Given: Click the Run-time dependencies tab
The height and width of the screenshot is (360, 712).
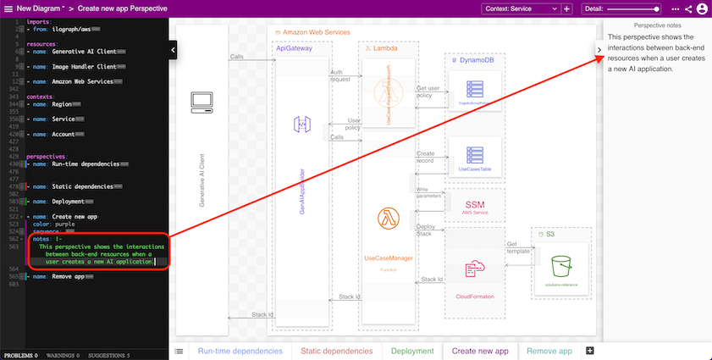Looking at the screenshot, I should pyautogui.click(x=240, y=351).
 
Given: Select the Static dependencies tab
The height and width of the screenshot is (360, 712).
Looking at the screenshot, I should pyautogui.click(x=337, y=351).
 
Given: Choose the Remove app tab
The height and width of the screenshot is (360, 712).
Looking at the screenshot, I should pyautogui.click(x=549, y=351).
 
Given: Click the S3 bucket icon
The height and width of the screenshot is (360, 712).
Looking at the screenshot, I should pyautogui.click(x=561, y=268).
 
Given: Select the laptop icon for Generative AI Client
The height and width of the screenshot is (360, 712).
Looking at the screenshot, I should pyautogui.click(x=201, y=102).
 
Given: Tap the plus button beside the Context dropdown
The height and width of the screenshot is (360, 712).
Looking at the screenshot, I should pyautogui.click(x=566, y=8).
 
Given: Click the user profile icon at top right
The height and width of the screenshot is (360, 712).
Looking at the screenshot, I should pyautogui.click(x=702, y=8).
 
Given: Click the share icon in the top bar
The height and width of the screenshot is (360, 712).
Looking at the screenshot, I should pyautogui.click(x=688, y=8).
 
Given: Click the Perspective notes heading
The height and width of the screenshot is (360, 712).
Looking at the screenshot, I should pyautogui.click(x=657, y=27).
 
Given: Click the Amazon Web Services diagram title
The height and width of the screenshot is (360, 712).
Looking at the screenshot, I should pyautogui.click(x=314, y=31).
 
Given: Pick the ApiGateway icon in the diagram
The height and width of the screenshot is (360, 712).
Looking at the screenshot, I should pyautogui.click(x=302, y=125).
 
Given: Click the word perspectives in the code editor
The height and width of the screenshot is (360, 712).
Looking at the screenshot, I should pyautogui.click(x=47, y=157).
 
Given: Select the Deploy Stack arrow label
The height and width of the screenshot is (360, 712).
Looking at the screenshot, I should pyautogui.click(x=426, y=230).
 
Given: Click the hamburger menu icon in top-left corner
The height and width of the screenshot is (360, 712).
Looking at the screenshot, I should pyautogui.click(x=7, y=8).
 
